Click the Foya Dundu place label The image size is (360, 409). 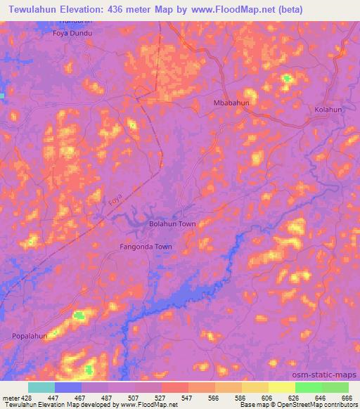(73, 32)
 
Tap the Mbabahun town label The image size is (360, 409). (231, 103)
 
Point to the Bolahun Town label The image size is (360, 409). (172, 224)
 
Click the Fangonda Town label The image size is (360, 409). (146, 247)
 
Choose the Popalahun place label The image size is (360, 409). (30, 336)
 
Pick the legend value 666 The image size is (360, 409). (347, 397)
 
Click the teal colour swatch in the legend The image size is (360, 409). (41, 387)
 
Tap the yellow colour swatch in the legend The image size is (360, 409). (282, 387)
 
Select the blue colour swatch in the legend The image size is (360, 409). (68, 387)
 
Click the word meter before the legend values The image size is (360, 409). (10, 397)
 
